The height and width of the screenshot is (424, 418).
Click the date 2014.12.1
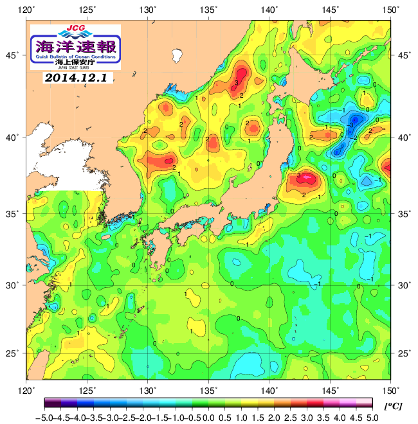pos(78,78)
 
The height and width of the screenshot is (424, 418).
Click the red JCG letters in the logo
pos(75,28)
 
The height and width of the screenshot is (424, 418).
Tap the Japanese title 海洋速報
pos(75,47)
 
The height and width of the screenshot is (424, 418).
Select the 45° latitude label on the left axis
pos(14,56)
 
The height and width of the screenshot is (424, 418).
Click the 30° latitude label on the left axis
pos(14,285)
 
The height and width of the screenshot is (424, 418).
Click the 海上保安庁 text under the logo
pos(75,62)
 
